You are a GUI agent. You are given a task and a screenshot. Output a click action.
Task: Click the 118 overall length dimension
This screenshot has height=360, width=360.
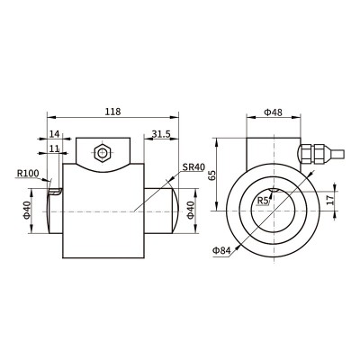112,112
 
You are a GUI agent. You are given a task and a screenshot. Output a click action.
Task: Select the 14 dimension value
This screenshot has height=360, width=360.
55,134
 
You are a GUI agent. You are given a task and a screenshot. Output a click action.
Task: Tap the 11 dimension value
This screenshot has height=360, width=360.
54,148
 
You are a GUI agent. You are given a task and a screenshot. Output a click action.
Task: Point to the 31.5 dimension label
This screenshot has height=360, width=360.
161,134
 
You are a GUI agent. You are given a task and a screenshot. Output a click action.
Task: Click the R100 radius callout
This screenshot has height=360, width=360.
28,173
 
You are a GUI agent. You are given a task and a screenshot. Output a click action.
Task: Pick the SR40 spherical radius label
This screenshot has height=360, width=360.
193,166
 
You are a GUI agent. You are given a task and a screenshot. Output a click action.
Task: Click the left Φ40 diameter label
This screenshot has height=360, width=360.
27,211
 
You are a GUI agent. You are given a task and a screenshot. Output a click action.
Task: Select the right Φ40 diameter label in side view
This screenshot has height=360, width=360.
191,211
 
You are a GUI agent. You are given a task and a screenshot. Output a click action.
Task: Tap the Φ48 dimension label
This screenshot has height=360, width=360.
273,112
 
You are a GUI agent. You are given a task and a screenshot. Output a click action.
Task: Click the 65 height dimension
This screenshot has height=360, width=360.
212,175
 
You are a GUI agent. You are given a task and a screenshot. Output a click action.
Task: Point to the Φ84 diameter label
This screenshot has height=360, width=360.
222,250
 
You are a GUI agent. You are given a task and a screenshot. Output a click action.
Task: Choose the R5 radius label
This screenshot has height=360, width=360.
263,201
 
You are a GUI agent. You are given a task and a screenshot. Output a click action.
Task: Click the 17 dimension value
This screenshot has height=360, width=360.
330,200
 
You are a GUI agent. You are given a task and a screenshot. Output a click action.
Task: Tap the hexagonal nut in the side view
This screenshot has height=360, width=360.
103,153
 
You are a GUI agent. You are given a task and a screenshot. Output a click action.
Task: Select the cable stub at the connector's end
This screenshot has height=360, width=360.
335,154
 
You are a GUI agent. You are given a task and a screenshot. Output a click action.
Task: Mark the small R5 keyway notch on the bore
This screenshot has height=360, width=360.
274,190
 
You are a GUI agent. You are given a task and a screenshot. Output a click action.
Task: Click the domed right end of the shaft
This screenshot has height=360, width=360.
176,211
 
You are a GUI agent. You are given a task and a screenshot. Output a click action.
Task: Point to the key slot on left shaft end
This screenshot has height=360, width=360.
55,192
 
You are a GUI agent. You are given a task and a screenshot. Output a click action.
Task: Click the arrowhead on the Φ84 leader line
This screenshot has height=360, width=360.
238,247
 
